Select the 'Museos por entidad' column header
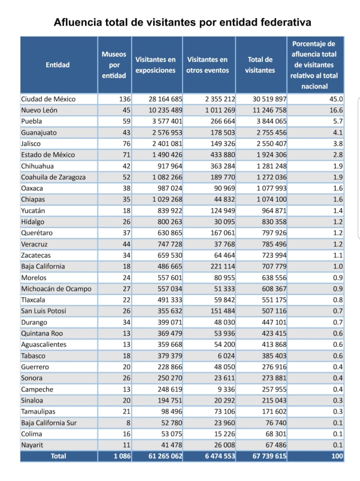[x=114, y=65]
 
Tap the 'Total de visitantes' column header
[x=260, y=65]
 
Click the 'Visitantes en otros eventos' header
[x=208, y=65]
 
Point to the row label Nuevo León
[x=39, y=110]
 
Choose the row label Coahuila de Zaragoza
[x=53, y=177]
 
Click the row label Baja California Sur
[x=49, y=423]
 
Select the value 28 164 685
[x=166, y=99]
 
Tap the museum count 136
[x=125, y=99]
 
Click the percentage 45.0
[x=336, y=99]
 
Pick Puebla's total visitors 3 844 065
[x=271, y=121]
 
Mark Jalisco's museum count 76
[x=127, y=144]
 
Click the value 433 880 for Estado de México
[x=223, y=155]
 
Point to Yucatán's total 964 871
[x=274, y=210]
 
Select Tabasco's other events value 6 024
[x=226, y=355]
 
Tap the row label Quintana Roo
[x=42, y=333]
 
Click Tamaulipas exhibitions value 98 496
[x=172, y=411]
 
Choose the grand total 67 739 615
[x=270, y=456]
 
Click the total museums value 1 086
[x=122, y=456]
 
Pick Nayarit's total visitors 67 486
[x=276, y=445]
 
